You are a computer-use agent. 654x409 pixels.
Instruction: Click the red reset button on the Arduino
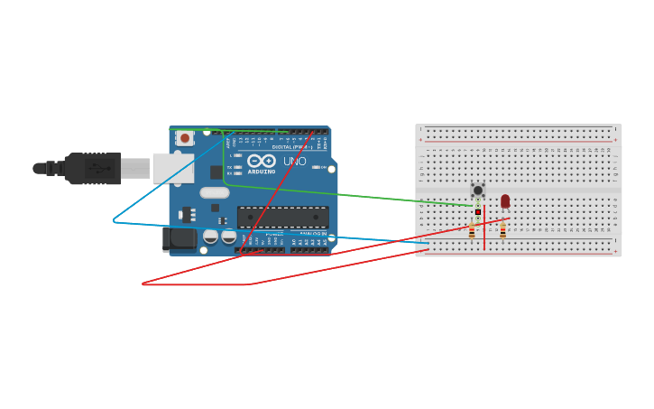click(x=185, y=138)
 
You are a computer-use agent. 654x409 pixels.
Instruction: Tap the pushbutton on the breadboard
click(x=477, y=190)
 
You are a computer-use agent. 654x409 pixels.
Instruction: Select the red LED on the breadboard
click(x=505, y=200)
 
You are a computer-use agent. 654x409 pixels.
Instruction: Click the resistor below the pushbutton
click(x=471, y=230)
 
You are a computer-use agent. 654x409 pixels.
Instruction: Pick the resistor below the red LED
click(x=502, y=230)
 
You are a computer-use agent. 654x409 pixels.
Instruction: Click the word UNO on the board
click(x=295, y=162)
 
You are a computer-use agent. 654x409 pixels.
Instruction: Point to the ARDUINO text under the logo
click(x=262, y=171)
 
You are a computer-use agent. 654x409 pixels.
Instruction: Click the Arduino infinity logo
click(x=262, y=161)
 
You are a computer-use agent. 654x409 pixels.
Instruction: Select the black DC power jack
click(x=179, y=238)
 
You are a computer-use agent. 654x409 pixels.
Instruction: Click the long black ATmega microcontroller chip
click(x=282, y=217)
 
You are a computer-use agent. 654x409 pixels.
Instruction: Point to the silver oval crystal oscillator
click(x=215, y=192)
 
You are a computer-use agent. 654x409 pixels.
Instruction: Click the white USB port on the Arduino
click(x=172, y=168)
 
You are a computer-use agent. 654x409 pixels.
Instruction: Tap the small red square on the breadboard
click(x=478, y=212)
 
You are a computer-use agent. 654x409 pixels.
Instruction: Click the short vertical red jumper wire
click(x=484, y=230)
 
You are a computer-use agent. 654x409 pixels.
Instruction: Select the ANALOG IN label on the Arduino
click(x=313, y=234)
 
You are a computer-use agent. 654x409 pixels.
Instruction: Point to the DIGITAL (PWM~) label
click(x=289, y=146)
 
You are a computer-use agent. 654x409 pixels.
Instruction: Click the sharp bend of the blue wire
click(x=114, y=220)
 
